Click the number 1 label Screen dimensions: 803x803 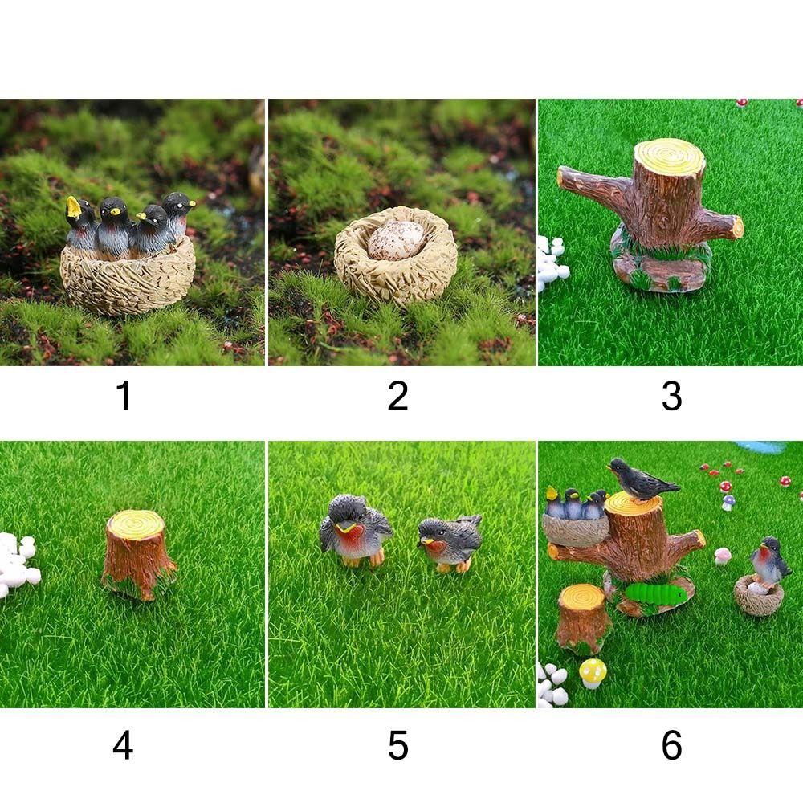point(123,396)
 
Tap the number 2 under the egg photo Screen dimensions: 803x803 point(397,396)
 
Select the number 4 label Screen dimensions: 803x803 point(123,745)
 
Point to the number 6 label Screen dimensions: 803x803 point(671,745)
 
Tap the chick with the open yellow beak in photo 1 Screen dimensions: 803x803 point(79,225)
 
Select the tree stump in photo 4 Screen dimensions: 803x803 point(137,554)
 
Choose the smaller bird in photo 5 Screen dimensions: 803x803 point(450,542)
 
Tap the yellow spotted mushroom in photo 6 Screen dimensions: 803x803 point(593,672)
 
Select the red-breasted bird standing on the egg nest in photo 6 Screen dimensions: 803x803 point(771,560)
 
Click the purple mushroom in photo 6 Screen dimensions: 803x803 point(728,502)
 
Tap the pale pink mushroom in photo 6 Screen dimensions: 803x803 point(723,555)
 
